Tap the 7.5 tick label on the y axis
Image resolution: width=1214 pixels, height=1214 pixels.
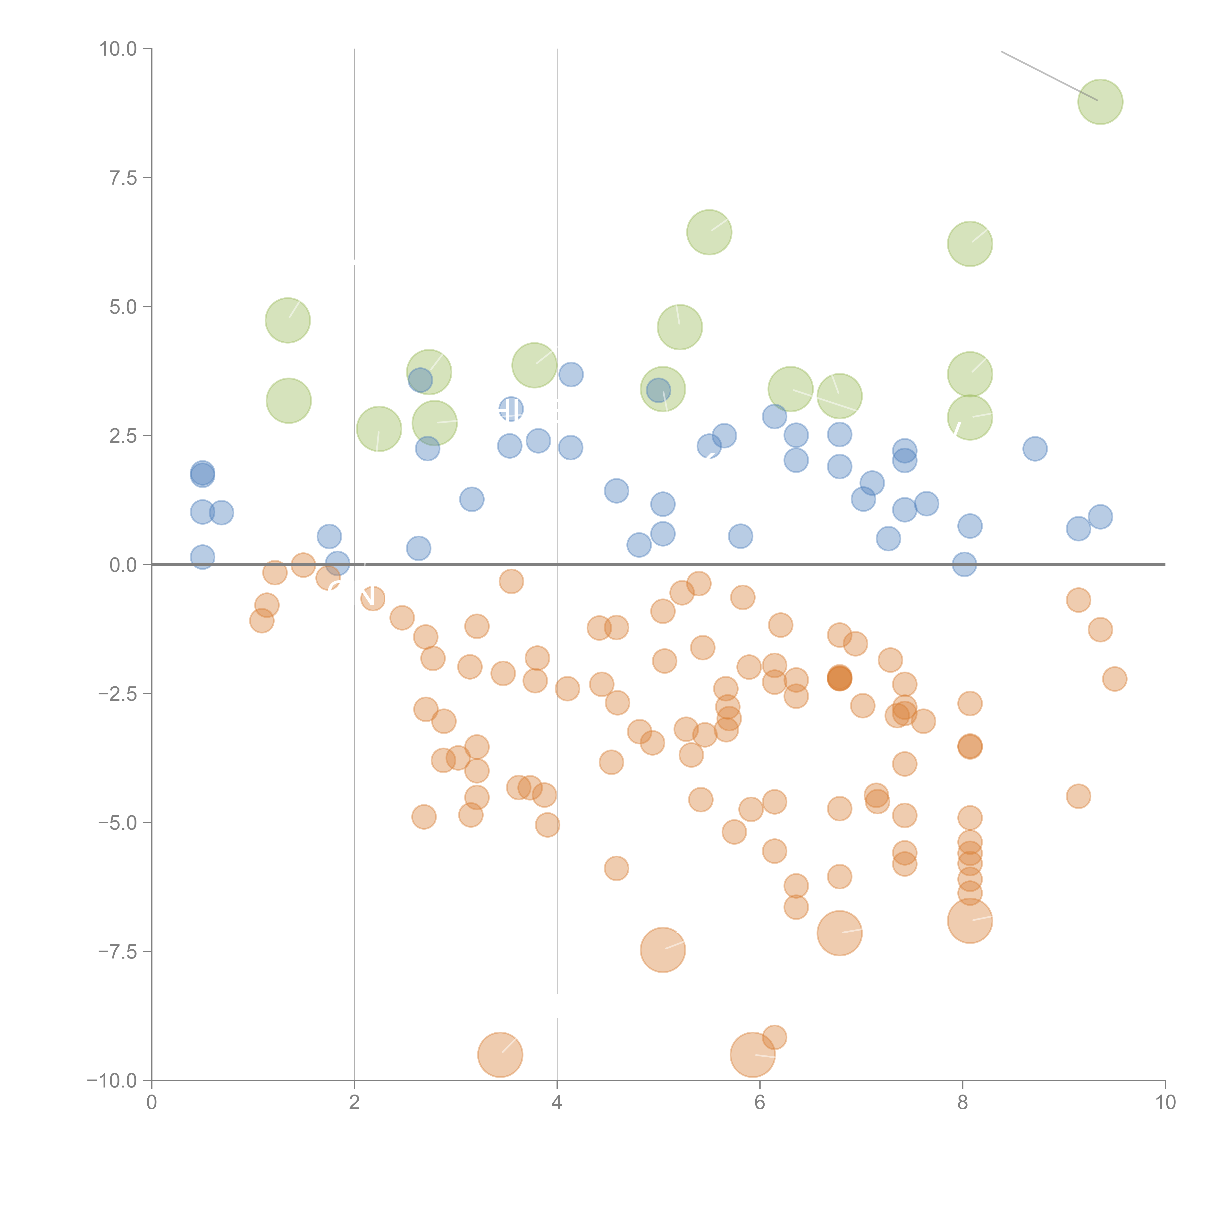[x=123, y=178]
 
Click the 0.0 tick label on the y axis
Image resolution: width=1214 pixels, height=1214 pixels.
[x=123, y=565]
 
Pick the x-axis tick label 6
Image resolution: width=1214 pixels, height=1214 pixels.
[x=760, y=1103]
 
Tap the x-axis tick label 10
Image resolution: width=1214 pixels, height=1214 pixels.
[x=1165, y=1103]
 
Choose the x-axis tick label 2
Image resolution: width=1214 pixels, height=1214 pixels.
[x=354, y=1103]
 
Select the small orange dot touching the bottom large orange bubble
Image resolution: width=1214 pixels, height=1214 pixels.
[x=774, y=1037]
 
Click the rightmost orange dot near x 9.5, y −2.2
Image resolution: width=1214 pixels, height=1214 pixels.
[x=1114, y=679]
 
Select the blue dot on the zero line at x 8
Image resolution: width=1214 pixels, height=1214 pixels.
[x=964, y=564]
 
